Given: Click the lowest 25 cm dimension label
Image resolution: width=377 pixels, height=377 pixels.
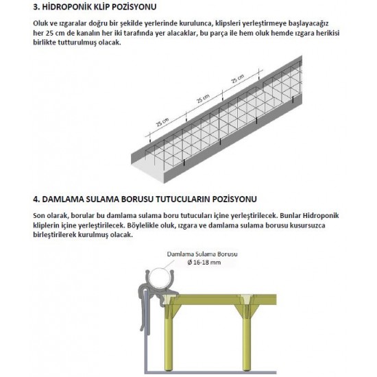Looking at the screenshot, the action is [x=162, y=122].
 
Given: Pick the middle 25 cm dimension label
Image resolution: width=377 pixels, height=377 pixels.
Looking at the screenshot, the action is [x=204, y=98].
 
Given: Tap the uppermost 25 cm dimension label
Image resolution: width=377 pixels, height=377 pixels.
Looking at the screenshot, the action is [x=238, y=78].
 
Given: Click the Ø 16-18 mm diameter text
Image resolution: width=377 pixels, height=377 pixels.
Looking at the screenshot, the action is [x=204, y=263].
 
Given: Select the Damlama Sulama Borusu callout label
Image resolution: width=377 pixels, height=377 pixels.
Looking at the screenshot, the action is [x=202, y=254].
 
